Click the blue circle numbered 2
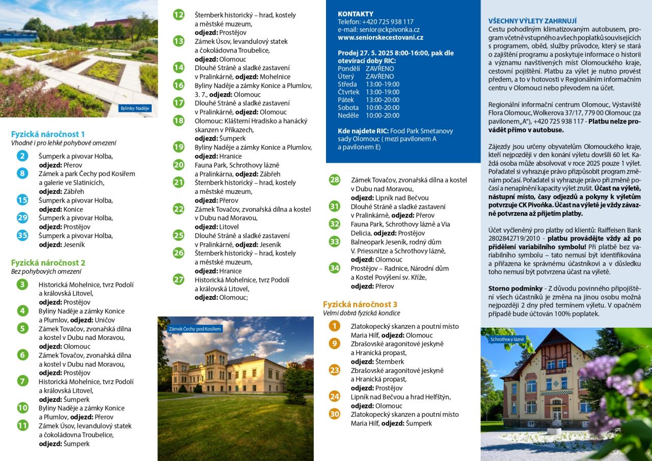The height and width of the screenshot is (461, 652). click(x=22, y=156)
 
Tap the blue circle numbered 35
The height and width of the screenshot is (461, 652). click(x=22, y=235)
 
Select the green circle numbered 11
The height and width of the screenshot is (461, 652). click(x=22, y=425)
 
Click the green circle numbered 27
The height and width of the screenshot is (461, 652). click(x=178, y=279)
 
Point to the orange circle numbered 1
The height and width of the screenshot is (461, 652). click(x=334, y=326)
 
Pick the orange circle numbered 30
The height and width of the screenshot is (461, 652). click(x=334, y=414)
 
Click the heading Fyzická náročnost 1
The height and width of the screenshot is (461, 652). click(x=48, y=134)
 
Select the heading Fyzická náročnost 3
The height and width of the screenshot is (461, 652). click(x=360, y=304)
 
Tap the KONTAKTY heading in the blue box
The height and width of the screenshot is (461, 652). click(x=356, y=14)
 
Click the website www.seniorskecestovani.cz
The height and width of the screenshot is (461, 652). click(x=381, y=37)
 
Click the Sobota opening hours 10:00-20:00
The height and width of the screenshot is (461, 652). click(x=383, y=107)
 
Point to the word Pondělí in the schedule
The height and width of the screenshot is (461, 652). click(x=348, y=68)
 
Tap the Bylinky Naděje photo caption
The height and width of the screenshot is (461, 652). click(x=135, y=108)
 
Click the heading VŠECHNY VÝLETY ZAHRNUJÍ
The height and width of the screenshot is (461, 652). click(x=532, y=21)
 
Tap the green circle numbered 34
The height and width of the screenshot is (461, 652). click(x=334, y=268)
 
